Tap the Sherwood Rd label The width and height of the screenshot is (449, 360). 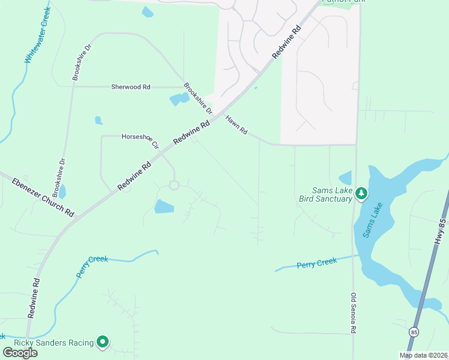point(130,87)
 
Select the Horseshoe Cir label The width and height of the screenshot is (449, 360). point(140,140)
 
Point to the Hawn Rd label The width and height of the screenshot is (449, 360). point(237,125)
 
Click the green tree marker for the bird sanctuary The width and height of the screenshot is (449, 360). point(361,193)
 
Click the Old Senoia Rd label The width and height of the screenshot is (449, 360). point(354,313)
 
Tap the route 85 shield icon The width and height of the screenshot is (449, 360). point(414,332)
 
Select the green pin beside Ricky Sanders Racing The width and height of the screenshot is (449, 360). point(103,342)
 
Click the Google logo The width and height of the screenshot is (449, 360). point(19,353)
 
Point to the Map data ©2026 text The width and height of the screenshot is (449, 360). point(423,355)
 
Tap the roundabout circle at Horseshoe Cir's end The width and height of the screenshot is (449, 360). point(174,185)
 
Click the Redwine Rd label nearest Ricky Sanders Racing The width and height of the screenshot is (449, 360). point(34,298)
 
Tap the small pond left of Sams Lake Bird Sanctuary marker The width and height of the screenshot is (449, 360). point(345,178)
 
